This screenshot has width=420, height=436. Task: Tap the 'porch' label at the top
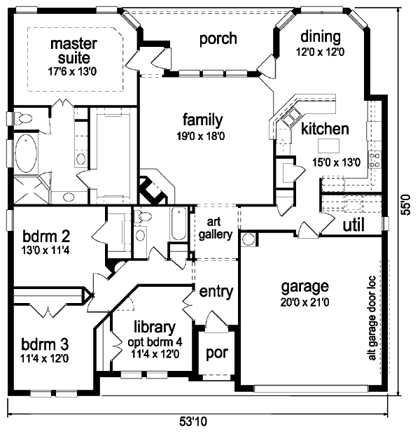[x=218, y=38]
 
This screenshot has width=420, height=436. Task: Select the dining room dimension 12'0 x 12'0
[x=320, y=52]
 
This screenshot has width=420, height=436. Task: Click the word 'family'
[x=203, y=119]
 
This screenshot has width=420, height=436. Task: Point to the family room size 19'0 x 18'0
[x=203, y=136]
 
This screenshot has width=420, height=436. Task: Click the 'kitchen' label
[x=325, y=129]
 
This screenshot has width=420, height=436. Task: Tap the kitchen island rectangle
[x=328, y=146]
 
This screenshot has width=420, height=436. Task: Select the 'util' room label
[x=357, y=225]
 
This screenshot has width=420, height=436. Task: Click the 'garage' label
[x=304, y=286]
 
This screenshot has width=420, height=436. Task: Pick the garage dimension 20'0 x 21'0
[x=304, y=302]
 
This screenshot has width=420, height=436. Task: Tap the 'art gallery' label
[x=215, y=229]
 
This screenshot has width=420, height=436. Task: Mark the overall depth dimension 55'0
[x=404, y=202]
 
